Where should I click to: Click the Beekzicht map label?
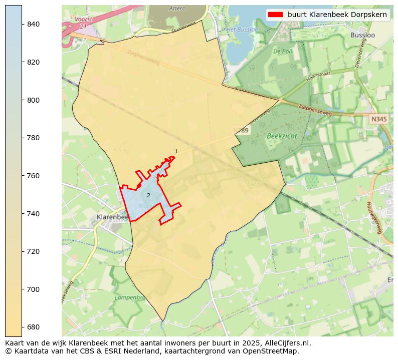pos(282,136)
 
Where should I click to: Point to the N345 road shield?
pos(379,119)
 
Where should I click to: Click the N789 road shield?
pos(241,130)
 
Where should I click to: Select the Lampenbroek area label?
pos(129,297)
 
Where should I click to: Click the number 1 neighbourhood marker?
pos(176,151)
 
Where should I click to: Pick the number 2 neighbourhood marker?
pos(148,195)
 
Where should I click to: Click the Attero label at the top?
pos(177,9)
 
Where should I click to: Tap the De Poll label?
pos(282,51)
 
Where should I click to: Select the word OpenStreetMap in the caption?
pos(274,351)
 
